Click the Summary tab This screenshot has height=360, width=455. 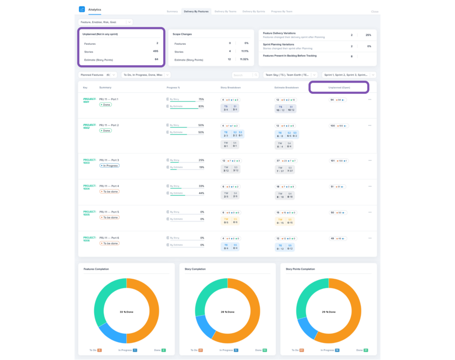point(172,11)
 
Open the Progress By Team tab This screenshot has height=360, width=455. point(282,11)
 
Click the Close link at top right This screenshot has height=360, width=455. point(375,12)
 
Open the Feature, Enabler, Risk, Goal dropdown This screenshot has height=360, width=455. point(105,22)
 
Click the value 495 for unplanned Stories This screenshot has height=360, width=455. point(156,51)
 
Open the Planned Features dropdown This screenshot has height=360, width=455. point(98,75)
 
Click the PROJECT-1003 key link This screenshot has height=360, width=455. point(89,161)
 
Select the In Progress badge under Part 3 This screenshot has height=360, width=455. point(109,166)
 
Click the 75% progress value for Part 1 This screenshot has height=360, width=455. point(201,99)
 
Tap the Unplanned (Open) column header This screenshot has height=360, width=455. point(339,87)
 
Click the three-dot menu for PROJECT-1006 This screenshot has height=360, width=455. point(370,238)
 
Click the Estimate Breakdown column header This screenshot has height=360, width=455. point(286,87)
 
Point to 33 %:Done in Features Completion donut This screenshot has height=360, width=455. point(127,312)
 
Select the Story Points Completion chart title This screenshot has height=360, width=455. point(300,269)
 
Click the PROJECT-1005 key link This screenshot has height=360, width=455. point(89,213)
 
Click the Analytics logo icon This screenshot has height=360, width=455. point(82,9)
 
